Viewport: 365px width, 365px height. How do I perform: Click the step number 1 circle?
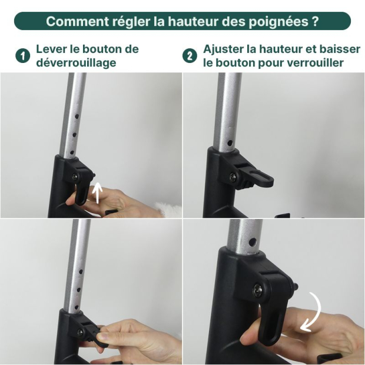click(x=23, y=56)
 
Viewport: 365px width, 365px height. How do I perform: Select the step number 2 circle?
click(x=190, y=56)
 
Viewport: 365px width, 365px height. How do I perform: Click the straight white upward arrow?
click(x=98, y=192)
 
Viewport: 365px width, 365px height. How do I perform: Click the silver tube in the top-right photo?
click(x=227, y=112)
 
